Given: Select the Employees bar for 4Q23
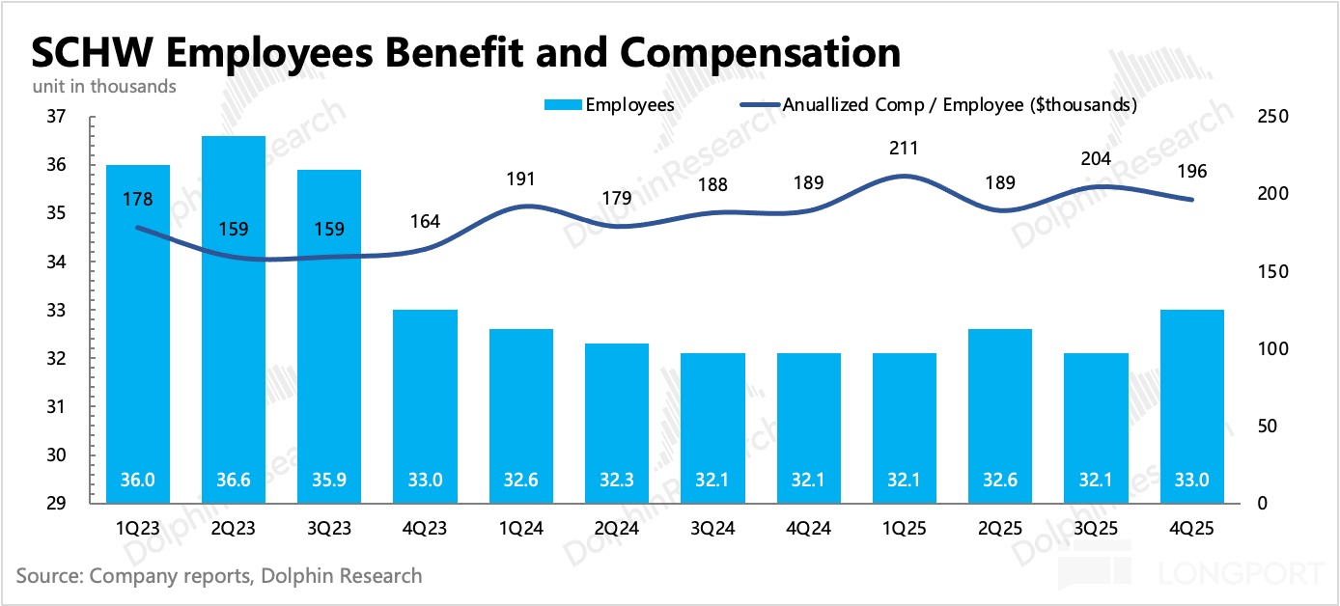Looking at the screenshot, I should coord(426,405).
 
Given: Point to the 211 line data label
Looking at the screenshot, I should coord(905,149).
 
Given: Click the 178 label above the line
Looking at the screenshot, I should coord(138,199).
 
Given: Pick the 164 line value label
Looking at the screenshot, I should coord(426,221).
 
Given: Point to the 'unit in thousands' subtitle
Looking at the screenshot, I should coord(104,86).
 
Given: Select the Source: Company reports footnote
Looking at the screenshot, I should coord(219,576).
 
